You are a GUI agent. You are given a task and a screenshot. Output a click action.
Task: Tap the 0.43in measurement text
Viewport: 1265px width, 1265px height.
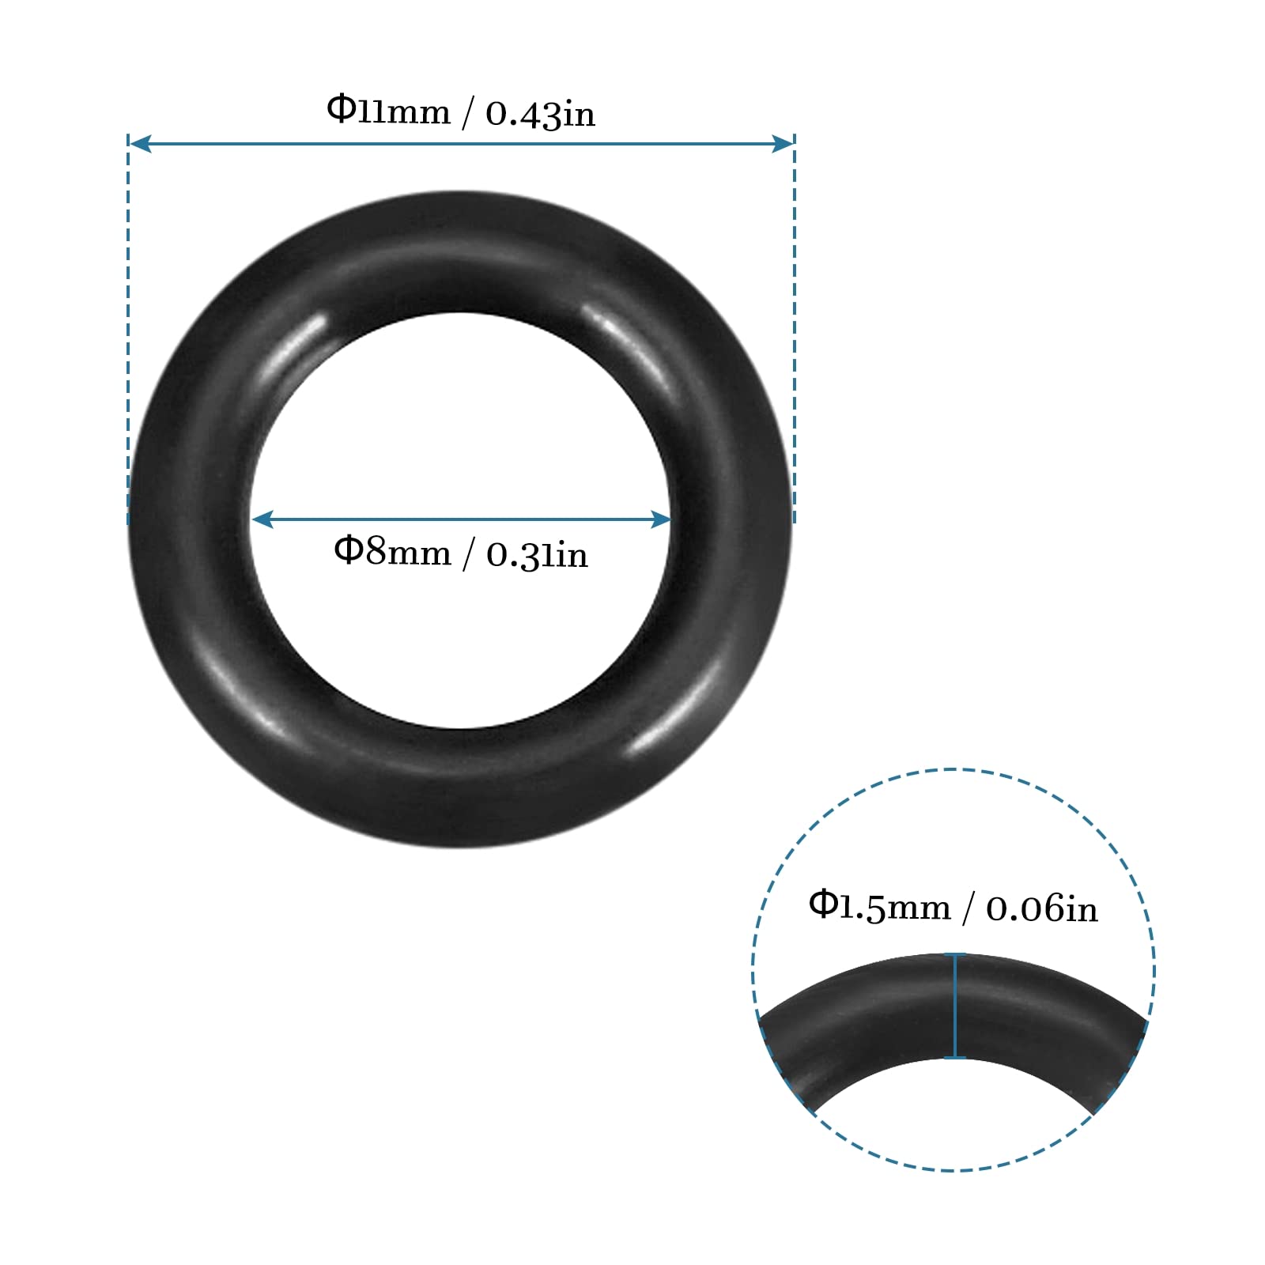pos(540,114)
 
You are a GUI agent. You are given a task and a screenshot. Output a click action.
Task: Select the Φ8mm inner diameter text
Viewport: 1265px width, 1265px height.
pos(392,551)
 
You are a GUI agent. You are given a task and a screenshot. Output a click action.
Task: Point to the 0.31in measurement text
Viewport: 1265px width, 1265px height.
pos(537,555)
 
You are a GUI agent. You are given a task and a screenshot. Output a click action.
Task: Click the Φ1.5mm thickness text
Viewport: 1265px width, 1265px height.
pos(879,907)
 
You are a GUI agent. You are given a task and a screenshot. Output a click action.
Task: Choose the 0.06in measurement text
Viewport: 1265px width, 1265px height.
pos(1041,909)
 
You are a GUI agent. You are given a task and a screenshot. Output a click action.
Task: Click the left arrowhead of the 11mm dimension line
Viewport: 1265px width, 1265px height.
pos(139,143)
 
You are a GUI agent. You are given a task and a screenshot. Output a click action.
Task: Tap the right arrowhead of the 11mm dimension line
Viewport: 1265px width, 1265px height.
pos(784,143)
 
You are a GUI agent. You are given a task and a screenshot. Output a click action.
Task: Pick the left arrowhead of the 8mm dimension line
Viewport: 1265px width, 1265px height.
pos(262,519)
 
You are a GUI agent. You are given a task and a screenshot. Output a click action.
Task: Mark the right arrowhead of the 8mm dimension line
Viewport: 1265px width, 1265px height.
pos(661,519)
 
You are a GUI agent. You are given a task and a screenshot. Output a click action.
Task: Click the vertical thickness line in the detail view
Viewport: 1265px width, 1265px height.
pos(955,1006)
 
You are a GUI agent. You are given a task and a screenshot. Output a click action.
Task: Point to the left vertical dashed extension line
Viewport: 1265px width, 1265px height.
pos(128,332)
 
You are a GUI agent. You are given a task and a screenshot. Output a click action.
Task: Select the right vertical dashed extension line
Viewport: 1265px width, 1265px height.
pos(794,332)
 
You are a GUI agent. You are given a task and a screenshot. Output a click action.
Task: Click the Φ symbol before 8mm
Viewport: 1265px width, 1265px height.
pos(348,549)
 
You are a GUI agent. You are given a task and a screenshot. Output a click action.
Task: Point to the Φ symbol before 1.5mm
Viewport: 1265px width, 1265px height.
pos(822,904)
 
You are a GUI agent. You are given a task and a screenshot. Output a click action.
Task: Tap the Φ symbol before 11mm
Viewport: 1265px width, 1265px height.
pos(341,108)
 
